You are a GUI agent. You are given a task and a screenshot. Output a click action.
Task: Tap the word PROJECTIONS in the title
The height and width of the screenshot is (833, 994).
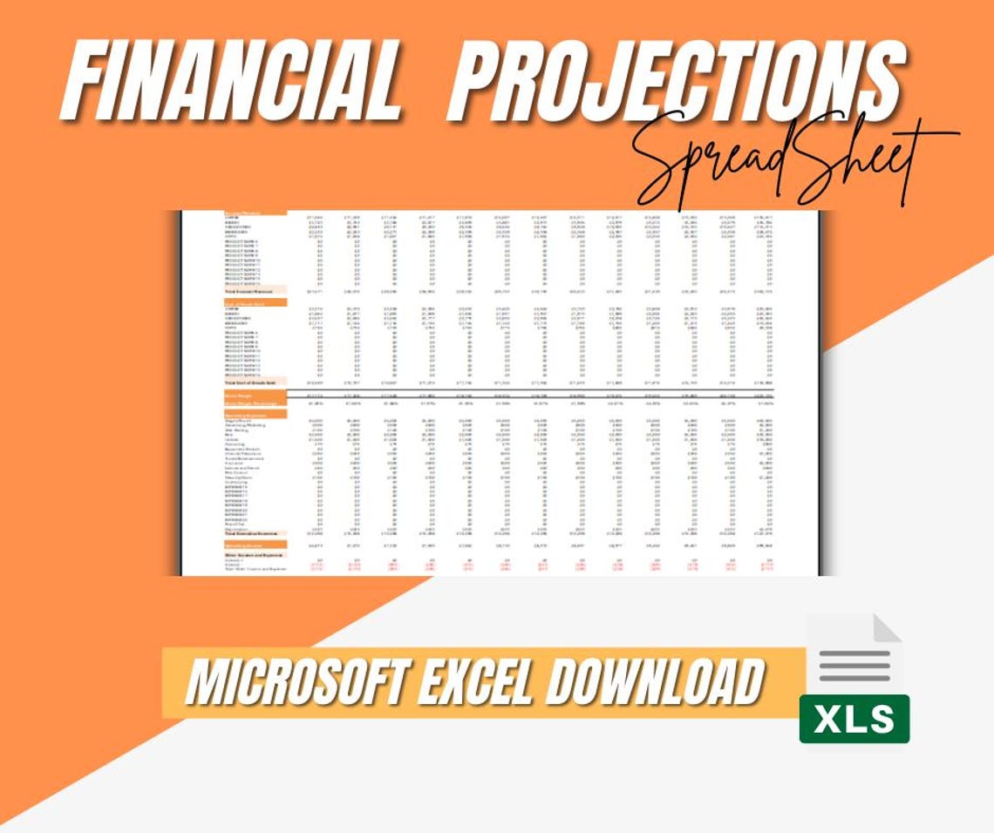[676, 80]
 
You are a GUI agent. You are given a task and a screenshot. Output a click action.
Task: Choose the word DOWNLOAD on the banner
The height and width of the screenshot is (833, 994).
[654, 682]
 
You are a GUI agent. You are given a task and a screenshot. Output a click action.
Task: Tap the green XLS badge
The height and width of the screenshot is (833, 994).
[854, 719]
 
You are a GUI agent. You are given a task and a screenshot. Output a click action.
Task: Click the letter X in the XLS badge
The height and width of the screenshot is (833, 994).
[827, 720]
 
